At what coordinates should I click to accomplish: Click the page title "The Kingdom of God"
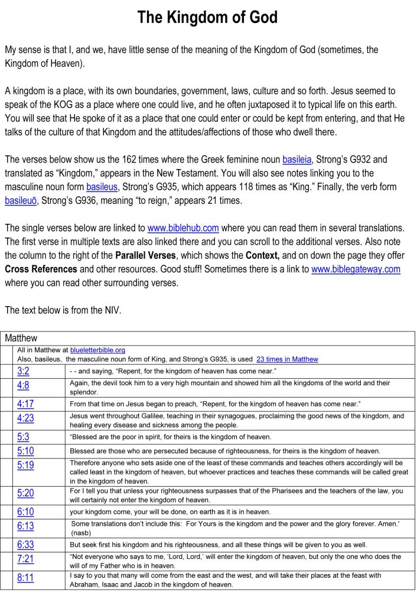point(207,18)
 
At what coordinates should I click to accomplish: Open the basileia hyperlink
point(297,160)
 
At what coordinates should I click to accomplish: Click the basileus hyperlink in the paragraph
point(102,187)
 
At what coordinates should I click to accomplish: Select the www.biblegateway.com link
point(356,269)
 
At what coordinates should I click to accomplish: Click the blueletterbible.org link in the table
point(97,350)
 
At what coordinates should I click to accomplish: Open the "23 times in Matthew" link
point(287,359)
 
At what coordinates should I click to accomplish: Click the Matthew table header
point(21,339)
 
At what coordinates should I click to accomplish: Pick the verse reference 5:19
point(26,465)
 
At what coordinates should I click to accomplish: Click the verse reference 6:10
point(26,511)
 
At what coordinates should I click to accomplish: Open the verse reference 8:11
point(26,577)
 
